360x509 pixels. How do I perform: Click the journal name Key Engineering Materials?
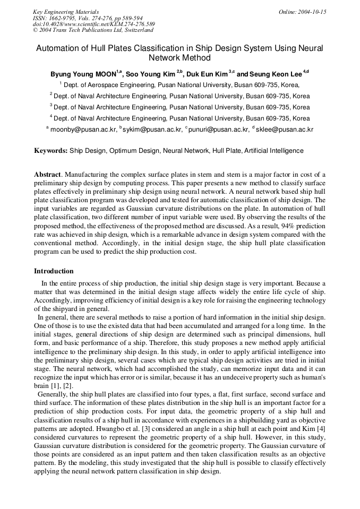66,12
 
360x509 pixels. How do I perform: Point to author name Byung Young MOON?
83,74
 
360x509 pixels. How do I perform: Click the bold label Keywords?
51,151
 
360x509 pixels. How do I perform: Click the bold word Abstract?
48,175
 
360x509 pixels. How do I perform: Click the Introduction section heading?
54,271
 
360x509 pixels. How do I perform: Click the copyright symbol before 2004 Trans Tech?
35,31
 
